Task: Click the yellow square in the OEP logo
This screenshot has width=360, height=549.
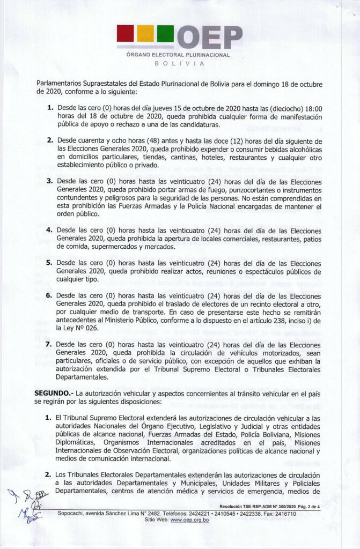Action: point(145,33)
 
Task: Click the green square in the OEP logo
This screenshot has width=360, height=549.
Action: point(165,33)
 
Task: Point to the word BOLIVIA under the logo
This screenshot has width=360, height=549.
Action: point(180,63)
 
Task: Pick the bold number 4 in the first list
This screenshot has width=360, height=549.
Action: point(49,229)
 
